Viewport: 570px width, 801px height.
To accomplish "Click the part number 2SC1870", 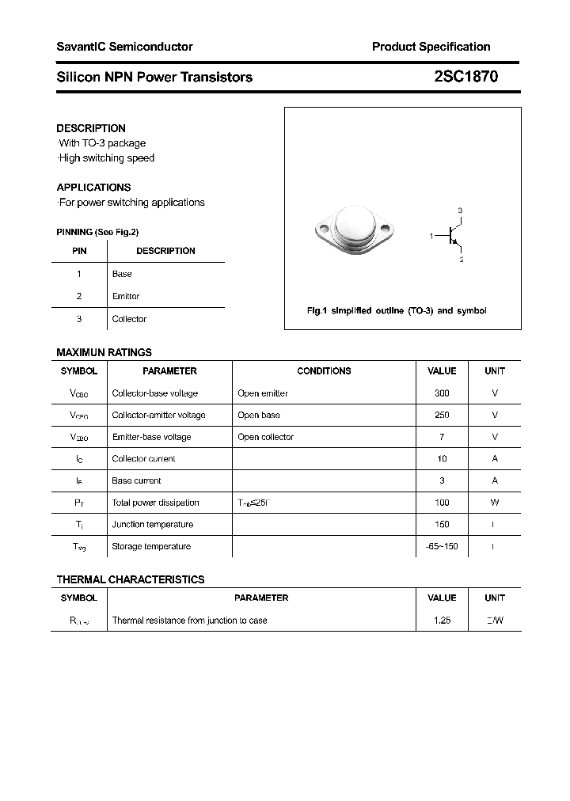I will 465,77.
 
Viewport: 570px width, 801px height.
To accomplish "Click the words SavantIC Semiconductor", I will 124,47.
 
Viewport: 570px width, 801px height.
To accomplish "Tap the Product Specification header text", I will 431,47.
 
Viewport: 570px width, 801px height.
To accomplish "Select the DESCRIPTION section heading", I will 91,128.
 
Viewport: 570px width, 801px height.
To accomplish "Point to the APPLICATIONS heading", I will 93,188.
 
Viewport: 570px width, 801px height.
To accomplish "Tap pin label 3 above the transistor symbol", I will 460,211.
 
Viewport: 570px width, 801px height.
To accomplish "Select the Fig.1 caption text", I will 396,311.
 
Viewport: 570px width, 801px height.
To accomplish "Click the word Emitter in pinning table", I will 126,296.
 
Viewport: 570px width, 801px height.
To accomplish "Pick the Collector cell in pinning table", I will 129,319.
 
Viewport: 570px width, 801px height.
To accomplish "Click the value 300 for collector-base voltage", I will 442,393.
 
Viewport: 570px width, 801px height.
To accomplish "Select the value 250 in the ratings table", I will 442,415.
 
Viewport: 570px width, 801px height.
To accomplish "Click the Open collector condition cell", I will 265,437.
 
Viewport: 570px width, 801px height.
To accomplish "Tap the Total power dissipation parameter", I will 155,503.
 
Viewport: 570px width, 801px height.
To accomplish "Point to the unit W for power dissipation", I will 495,503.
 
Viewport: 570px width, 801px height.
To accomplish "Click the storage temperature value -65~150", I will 442,546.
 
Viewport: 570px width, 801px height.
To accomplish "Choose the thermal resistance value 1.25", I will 442,621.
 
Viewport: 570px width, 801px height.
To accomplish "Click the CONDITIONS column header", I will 324,371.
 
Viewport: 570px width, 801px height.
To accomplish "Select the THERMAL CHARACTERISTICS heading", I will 131,579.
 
